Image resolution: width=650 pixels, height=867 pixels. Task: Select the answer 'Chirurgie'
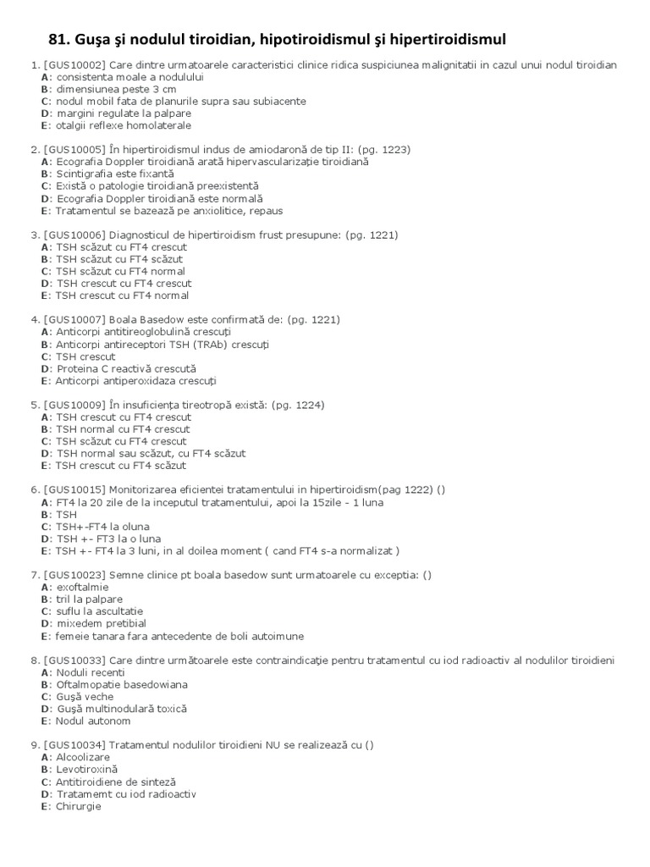(x=78, y=807)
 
